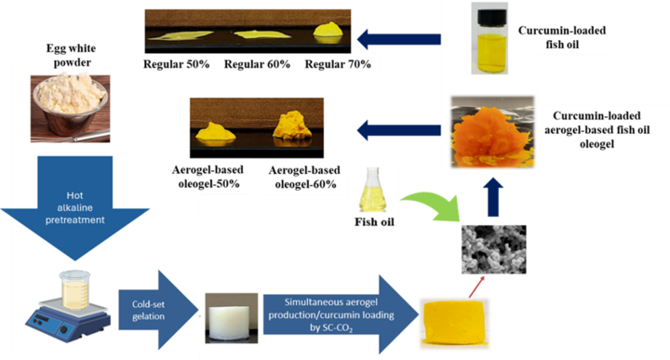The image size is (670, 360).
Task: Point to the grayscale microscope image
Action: click(x=493, y=248)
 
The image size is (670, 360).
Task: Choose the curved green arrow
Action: click(x=430, y=201)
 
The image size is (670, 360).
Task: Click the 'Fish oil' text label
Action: click(x=376, y=223)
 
